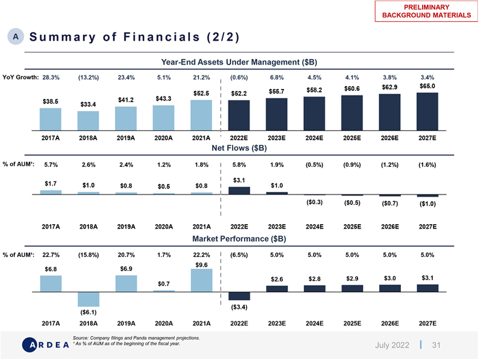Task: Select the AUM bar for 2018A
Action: (88, 121)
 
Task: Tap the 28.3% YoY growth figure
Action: (51, 78)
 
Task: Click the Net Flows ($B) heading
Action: (239, 148)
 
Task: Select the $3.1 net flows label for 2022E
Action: (239, 180)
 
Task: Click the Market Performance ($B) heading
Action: (239, 237)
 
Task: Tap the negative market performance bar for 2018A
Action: (88, 299)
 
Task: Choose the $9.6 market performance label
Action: (201, 265)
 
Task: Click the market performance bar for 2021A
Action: (201, 280)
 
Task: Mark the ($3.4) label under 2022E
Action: (239, 308)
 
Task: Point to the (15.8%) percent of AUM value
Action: (88, 254)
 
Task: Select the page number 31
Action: (437, 345)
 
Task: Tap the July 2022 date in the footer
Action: (393, 345)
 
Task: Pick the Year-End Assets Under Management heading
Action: (239, 62)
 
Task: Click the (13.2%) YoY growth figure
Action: (88, 78)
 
